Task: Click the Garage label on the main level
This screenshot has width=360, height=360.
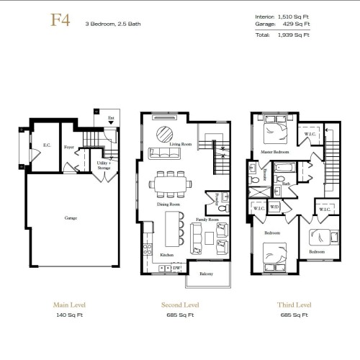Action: tap(70, 217)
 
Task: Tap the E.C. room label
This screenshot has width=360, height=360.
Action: tap(46, 145)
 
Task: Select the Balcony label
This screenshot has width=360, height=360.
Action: tap(205, 274)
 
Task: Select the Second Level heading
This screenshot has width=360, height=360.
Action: tap(180, 305)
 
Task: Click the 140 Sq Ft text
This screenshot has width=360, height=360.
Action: tap(70, 315)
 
